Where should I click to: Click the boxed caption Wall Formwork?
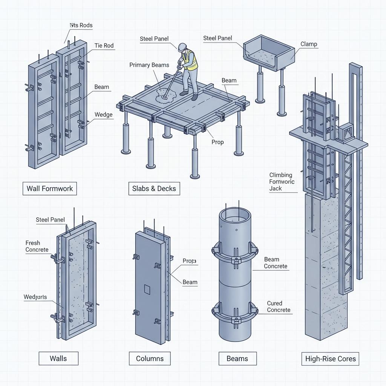click(x=49, y=188)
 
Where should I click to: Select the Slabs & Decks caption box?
click(x=154, y=188)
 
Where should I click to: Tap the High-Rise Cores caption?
click(x=330, y=358)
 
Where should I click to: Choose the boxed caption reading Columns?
click(x=150, y=358)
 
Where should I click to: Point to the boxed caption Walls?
click(x=58, y=358)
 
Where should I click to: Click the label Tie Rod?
click(x=104, y=46)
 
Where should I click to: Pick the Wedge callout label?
click(x=103, y=115)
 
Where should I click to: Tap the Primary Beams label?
click(x=149, y=65)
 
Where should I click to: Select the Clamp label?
click(x=309, y=44)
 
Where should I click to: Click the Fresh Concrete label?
click(x=37, y=246)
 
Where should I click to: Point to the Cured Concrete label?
click(x=279, y=306)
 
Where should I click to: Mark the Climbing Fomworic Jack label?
click(x=282, y=182)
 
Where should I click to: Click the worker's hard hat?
click(x=183, y=46)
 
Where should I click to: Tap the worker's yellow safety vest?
click(x=189, y=60)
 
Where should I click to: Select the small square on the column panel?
click(x=147, y=289)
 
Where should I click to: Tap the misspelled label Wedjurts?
click(x=35, y=297)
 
